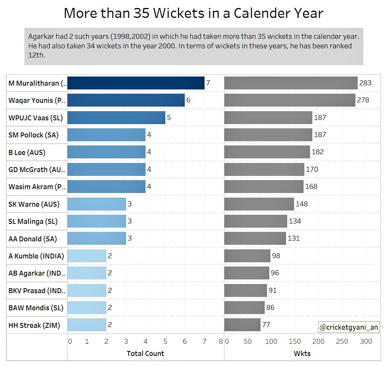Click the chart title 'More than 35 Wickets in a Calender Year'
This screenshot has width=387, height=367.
pos(193,13)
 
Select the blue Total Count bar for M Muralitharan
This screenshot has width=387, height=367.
pos(136,83)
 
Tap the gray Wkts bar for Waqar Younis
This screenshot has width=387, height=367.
pos(289,100)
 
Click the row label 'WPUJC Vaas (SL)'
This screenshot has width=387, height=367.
pos(35,118)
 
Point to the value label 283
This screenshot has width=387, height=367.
pos(365,83)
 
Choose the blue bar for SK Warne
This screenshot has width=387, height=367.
pos(96,204)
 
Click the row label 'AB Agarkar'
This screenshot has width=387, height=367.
pos(37,273)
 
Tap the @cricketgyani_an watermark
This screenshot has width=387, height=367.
pos(349,327)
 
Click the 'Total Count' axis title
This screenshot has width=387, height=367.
pos(145,353)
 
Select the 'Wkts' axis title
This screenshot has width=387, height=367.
pos(302,353)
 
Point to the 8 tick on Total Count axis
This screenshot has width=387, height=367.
pos(221,341)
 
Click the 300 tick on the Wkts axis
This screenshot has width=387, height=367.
pos(366,341)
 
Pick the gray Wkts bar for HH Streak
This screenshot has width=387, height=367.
pos(242,325)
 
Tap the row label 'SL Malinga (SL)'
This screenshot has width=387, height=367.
pos(33,221)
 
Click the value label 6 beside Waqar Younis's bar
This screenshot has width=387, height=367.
pos(188,100)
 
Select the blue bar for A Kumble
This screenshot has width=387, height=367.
pos(87,256)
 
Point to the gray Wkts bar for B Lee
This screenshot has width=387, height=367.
pos(267,152)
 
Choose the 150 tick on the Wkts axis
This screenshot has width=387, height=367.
pos(295,341)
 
